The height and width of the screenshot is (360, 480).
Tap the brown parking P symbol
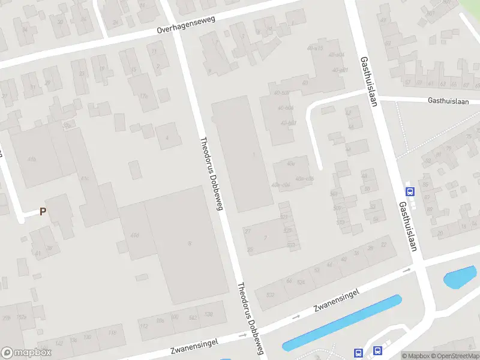(x=43, y=211)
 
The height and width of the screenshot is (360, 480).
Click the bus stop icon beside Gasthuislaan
(x=410, y=192)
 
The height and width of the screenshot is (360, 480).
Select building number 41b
(x=32, y=159)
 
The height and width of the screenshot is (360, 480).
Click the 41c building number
(x=85, y=178)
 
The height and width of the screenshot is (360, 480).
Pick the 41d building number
(x=135, y=235)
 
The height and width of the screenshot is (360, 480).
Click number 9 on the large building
(x=189, y=243)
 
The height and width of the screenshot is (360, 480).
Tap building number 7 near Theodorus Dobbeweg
(x=265, y=238)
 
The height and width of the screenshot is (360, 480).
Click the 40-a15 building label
(x=315, y=48)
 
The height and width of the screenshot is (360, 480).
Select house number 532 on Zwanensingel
(x=271, y=295)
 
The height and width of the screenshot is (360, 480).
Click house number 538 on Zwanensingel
(x=208, y=314)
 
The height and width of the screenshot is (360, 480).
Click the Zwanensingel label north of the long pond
(x=336, y=301)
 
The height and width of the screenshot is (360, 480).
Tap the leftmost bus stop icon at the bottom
(x=359, y=353)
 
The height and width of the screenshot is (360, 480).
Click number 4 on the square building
(x=167, y=137)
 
